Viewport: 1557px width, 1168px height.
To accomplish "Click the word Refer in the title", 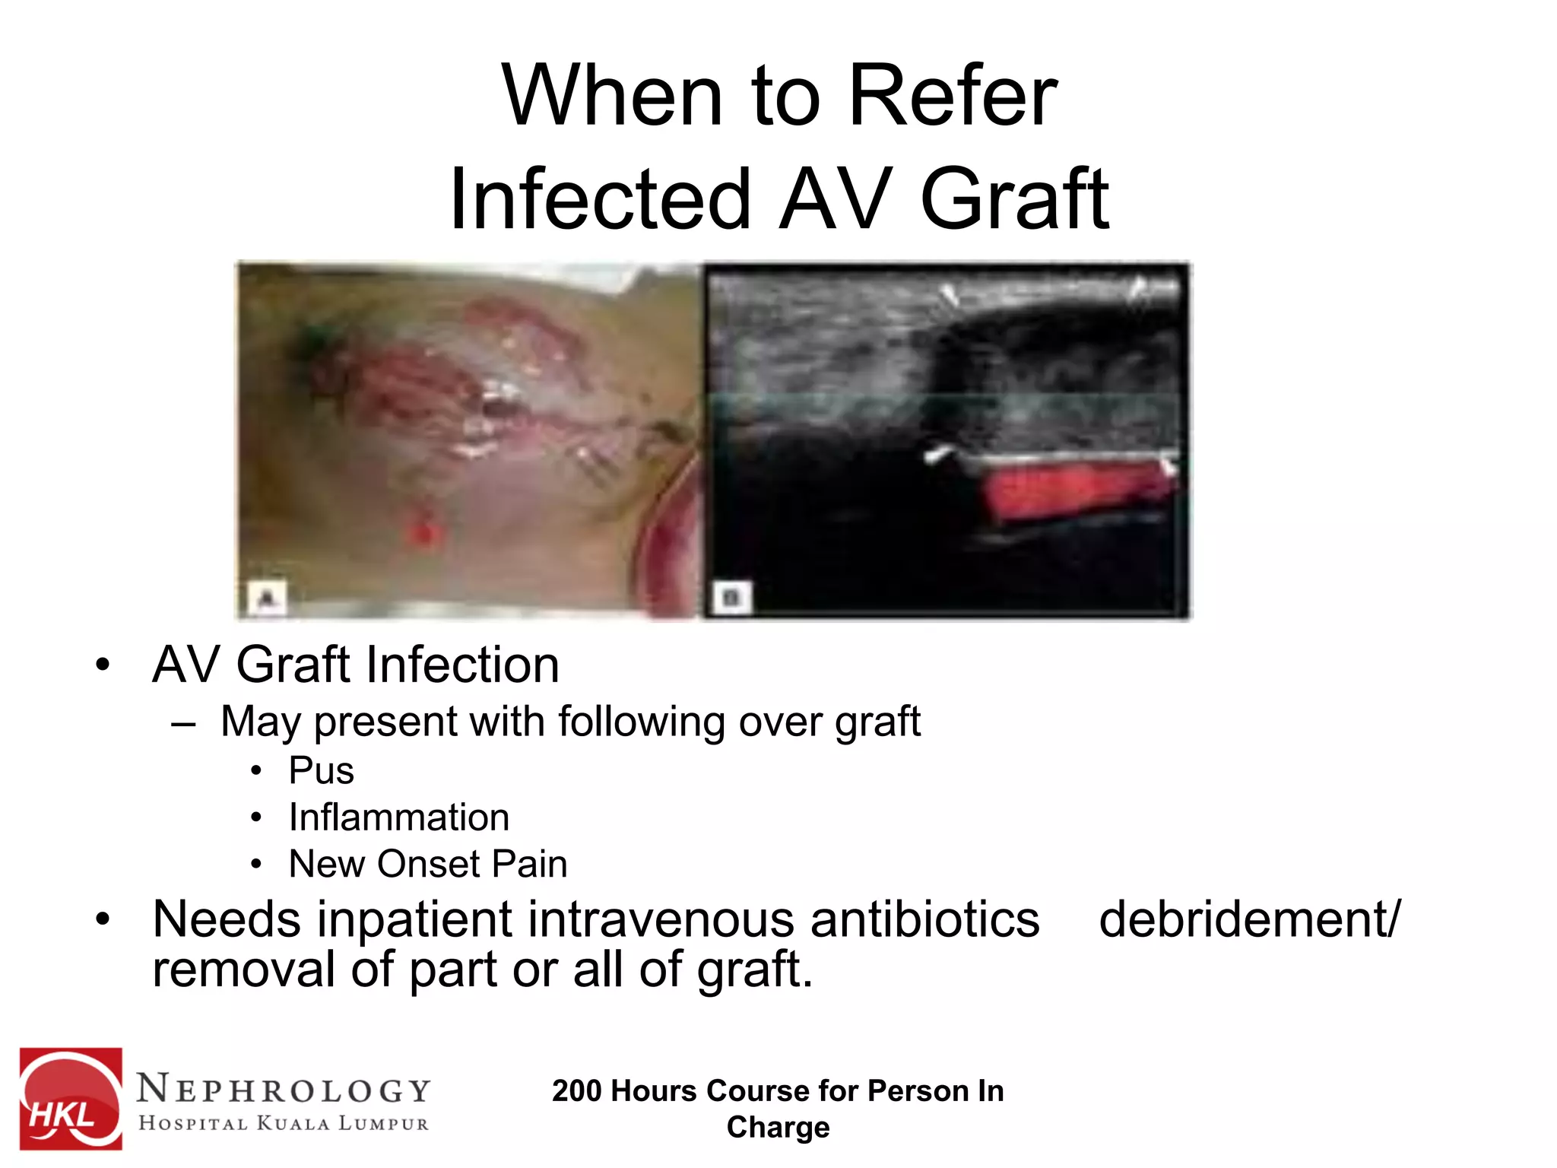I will click(952, 97).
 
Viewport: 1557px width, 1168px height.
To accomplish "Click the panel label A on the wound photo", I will click(266, 598).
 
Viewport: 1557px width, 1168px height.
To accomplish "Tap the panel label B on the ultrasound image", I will click(731, 598).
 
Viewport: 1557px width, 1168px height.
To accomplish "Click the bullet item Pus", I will click(322, 771).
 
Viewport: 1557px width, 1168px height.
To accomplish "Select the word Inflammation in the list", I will click(399, 818).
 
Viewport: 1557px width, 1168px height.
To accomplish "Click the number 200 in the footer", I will click(577, 1091).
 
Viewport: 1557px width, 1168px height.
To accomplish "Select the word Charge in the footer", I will click(778, 1127).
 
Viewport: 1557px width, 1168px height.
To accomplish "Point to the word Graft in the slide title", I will click(1014, 199).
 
